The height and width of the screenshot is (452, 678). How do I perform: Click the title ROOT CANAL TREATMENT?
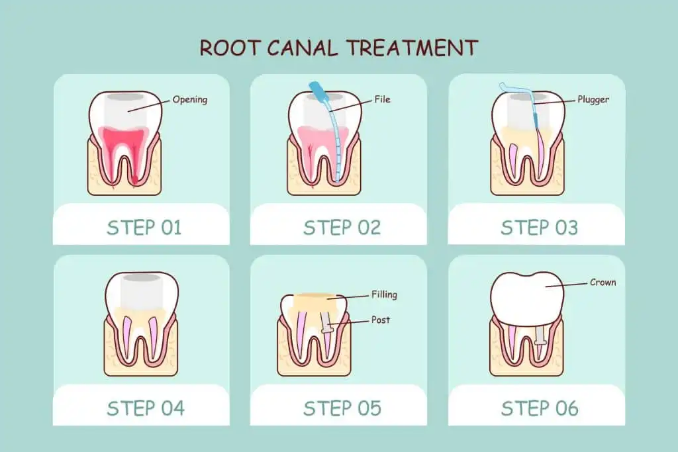tap(338, 48)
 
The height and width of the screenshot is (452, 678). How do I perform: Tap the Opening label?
tap(189, 100)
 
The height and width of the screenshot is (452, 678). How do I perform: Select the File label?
tap(382, 100)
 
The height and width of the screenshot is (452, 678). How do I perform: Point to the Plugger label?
tap(592, 100)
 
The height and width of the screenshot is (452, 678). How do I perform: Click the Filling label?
tap(384, 294)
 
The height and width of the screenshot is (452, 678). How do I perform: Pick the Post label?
tap(381, 320)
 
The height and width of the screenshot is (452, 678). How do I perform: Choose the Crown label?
tap(603, 283)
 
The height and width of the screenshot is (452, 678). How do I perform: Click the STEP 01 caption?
tap(144, 228)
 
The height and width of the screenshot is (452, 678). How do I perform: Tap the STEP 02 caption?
tap(342, 228)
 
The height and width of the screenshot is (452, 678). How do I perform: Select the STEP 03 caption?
tap(539, 228)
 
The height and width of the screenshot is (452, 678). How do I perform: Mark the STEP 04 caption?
tap(144, 408)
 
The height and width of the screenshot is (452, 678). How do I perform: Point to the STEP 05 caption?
tap(342, 408)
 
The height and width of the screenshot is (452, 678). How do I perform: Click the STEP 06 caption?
tap(539, 408)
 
